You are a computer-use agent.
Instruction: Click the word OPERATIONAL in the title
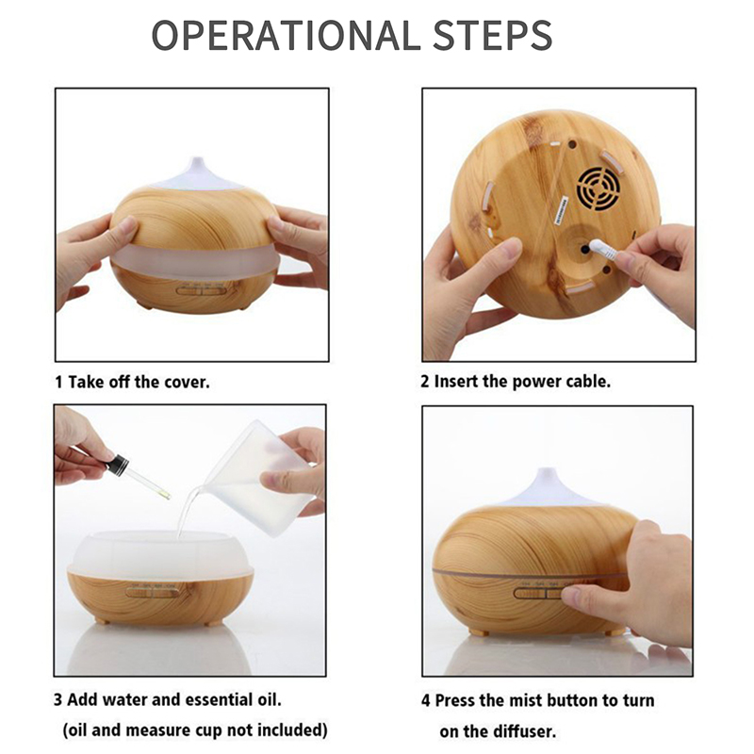[284, 35]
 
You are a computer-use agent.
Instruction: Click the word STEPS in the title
[493, 35]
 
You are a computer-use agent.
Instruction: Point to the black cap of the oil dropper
[117, 464]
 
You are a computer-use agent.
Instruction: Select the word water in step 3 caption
[126, 699]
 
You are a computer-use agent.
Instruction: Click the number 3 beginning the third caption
[58, 700]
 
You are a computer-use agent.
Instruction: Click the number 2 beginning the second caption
[425, 382]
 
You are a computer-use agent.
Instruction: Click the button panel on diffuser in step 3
[151, 591]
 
